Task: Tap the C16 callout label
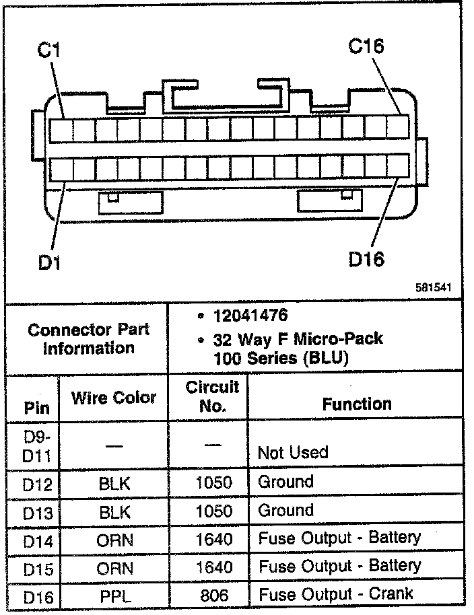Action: (366, 46)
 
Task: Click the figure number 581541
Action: (432, 287)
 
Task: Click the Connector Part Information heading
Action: (89, 339)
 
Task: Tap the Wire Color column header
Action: (114, 398)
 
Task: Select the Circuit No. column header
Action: (212, 396)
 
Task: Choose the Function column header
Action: (357, 404)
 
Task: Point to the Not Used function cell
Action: (293, 452)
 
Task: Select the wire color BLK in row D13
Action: (114, 511)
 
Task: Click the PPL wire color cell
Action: (114, 595)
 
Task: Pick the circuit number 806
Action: (213, 595)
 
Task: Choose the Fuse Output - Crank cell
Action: (336, 594)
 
